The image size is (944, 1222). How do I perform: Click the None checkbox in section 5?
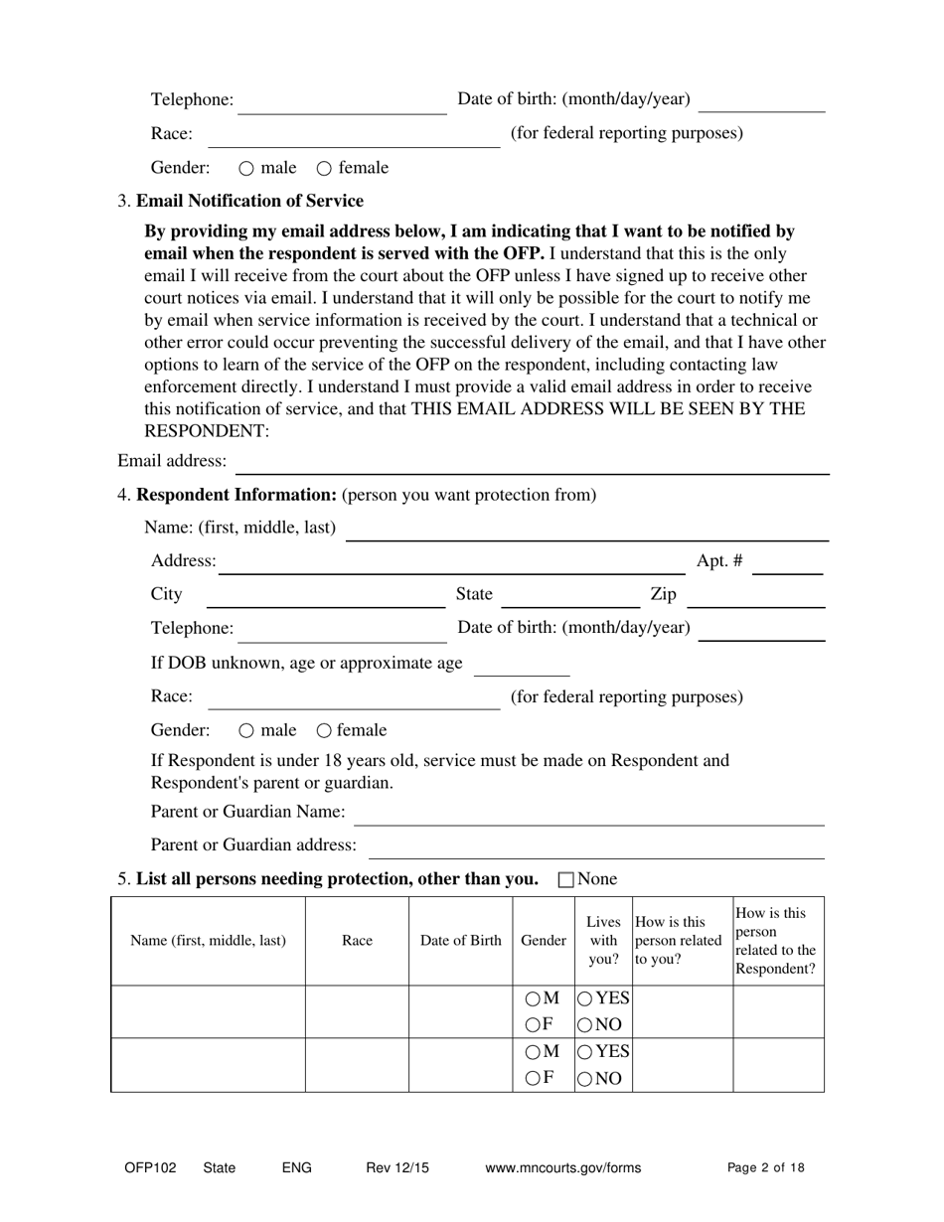click(x=566, y=879)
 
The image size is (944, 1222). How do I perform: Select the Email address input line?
click(x=532, y=463)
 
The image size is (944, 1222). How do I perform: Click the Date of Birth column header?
click(x=460, y=941)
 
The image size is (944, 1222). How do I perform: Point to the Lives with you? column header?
click(x=603, y=941)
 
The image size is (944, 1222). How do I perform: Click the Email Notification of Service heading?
click(x=249, y=201)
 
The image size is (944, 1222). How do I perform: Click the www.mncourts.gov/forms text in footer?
click(x=562, y=1168)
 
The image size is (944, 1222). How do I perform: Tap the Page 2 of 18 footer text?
click(x=765, y=1168)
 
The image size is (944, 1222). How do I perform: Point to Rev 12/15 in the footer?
click(x=397, y=1168)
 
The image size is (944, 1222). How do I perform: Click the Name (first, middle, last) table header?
click(x=208, y=941)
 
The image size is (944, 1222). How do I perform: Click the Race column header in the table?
click(x=357, y=941)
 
